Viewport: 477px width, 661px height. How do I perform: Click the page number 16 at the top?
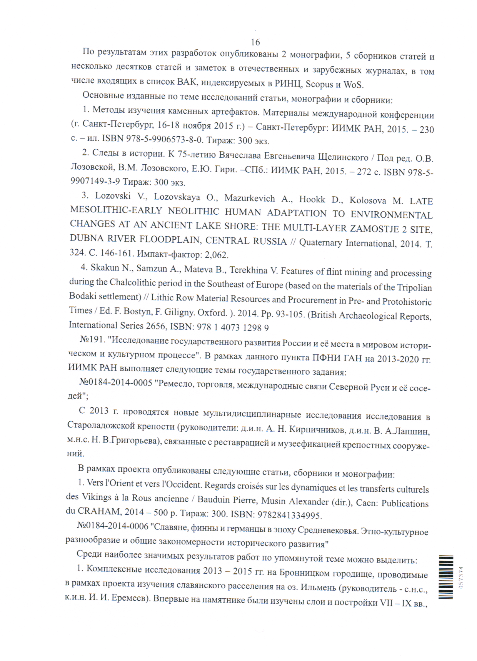pos(255,42)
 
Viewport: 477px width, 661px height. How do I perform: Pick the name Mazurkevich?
pos(250,199)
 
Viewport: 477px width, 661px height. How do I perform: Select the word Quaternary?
pos(320,243)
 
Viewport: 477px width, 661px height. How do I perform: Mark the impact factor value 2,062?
pos(217,255)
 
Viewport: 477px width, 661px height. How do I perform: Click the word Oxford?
pos(213,312)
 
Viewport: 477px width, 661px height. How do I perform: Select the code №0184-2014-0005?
pos(116,382)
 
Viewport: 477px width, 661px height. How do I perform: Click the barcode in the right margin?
pos(446,577)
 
